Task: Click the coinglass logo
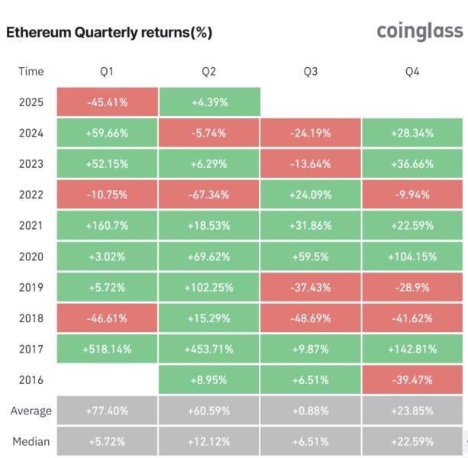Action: pyautogui.click(x=419, y=31)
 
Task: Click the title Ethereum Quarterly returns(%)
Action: pyautogui.click(x=109, y=33)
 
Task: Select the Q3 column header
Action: pyautogui.click(x=311, y=72)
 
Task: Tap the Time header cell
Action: pyautogui.click(x=31, y=72)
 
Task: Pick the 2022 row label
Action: pyautogui.click(x=31, y=195)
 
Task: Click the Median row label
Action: pyautogui.click(x=31, y=441)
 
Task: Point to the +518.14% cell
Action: pyautogui.click(x=107, y=349)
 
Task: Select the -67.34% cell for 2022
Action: pyautogui.click(x=208, y=195)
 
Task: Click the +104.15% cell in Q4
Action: pyautogui.click(x=412, y=256)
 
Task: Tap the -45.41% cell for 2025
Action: pyautogui.click(x=107, y=102)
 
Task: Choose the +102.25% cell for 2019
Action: pyautogui.click(x=208, y=287)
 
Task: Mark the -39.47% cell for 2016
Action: pyautogui.click(x=412, y=379)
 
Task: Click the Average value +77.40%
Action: pyautogui.click(x=107, y=411)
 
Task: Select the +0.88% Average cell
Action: pyautogui.click(x=311, y=411)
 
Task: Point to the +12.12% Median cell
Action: pyautogui.click(x=208, y=441)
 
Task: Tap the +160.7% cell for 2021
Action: pyautogui.click(x=107, y=225)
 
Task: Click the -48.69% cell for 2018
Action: pyautogui.click(x=311, y=318)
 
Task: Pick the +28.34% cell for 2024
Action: pyautogui.click(x=412, y=133)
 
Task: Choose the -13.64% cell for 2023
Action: pyautogui.click(x=311, y=164)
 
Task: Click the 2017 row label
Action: pyautogui.click(x=31, y=349)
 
